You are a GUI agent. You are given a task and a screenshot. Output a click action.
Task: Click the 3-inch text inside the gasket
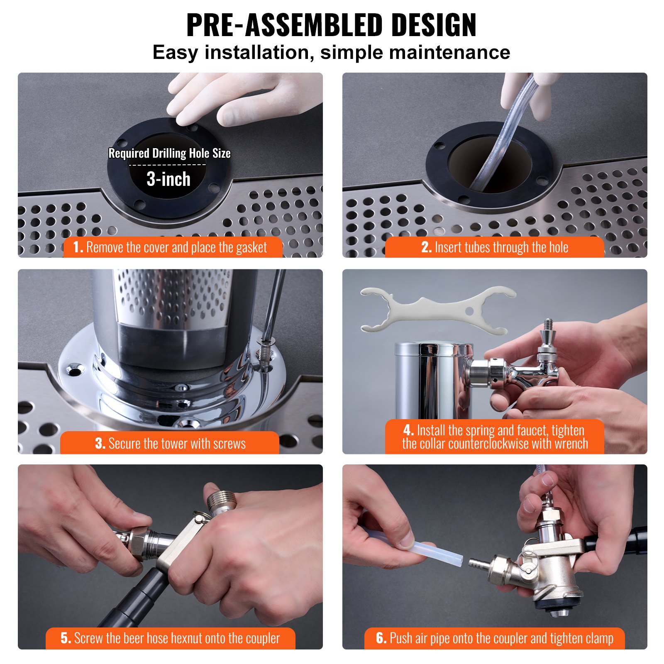[168, 179]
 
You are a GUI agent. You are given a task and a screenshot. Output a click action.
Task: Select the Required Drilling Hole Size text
[169, 153]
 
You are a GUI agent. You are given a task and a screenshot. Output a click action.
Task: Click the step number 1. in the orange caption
[78, 247]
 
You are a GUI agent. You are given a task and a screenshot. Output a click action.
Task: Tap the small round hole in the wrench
[469, 311]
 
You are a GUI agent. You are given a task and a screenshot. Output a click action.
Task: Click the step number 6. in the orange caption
[381, 638]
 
